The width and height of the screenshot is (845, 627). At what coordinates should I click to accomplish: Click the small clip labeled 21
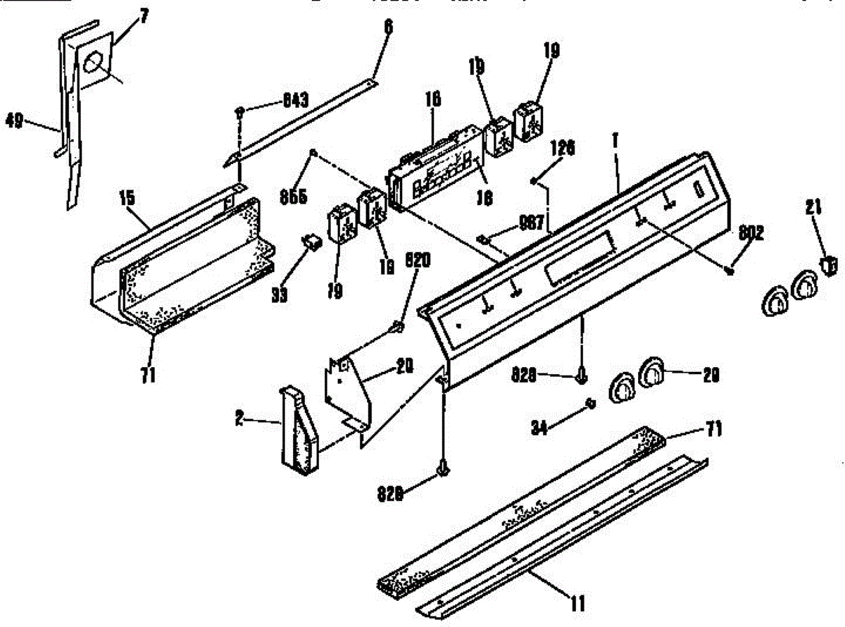[830, 265]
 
